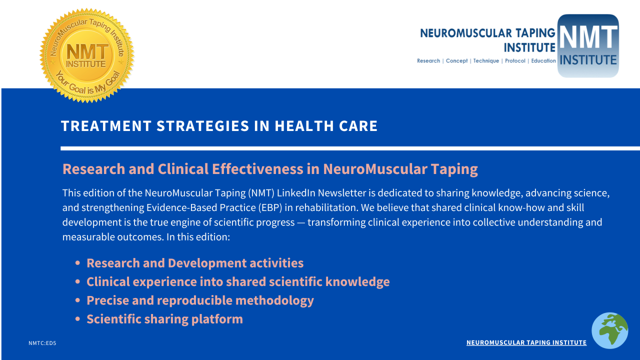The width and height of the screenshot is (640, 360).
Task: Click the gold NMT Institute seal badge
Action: [87, 55]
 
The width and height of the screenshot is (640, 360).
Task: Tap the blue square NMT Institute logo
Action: [588, 45]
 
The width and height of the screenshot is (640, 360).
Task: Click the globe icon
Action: [609, 330]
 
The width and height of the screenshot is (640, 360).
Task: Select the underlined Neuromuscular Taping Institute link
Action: [526, 342]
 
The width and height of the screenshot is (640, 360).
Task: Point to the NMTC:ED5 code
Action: [42, 343]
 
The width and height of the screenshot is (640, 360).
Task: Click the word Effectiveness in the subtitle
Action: [257, 169]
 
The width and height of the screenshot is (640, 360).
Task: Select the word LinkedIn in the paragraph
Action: [296, 193]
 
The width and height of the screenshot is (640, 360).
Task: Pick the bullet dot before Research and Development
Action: [77, 263]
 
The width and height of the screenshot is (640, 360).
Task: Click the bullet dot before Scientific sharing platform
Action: [77, 319]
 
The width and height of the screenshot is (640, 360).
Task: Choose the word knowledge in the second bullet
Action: [357, 282]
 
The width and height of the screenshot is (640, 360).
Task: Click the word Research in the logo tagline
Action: [428, 61]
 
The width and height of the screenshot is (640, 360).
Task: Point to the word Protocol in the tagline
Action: [515, 61]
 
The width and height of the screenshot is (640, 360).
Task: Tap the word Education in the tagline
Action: [543, 61]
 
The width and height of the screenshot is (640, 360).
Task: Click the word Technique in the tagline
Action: [486, 61]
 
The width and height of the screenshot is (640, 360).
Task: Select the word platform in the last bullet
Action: [217, 319]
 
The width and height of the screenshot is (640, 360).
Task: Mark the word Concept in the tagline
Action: [456, 61]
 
